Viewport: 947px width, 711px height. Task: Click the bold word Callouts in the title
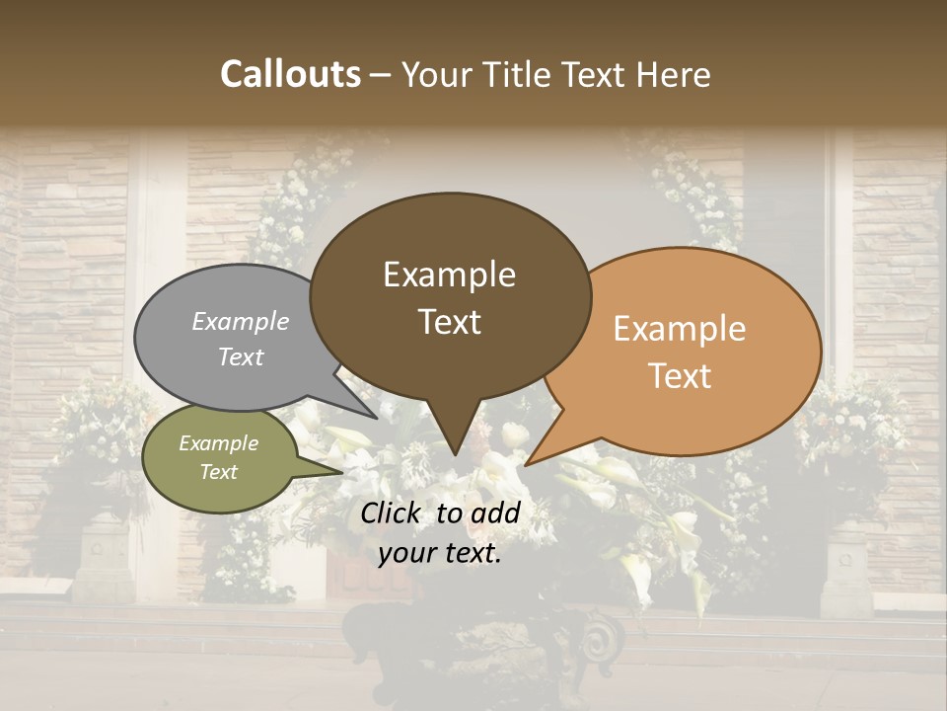pos(290,74)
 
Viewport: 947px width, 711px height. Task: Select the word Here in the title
pos(675,74)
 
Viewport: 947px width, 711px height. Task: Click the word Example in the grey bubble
pos(241,322)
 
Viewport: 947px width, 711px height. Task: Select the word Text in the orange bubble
pos(681,376)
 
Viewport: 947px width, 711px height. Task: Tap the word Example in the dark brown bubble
pos(450,275)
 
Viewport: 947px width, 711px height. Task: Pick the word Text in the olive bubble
pos(219,472)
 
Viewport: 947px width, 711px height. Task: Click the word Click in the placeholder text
pos(392,513)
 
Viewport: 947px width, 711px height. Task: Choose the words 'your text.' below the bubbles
pos(440,554)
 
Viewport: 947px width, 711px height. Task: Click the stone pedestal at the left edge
pos(104,563)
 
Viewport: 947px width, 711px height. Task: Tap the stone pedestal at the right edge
pos(846,568)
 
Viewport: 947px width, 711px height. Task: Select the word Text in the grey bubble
pos(241,357)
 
